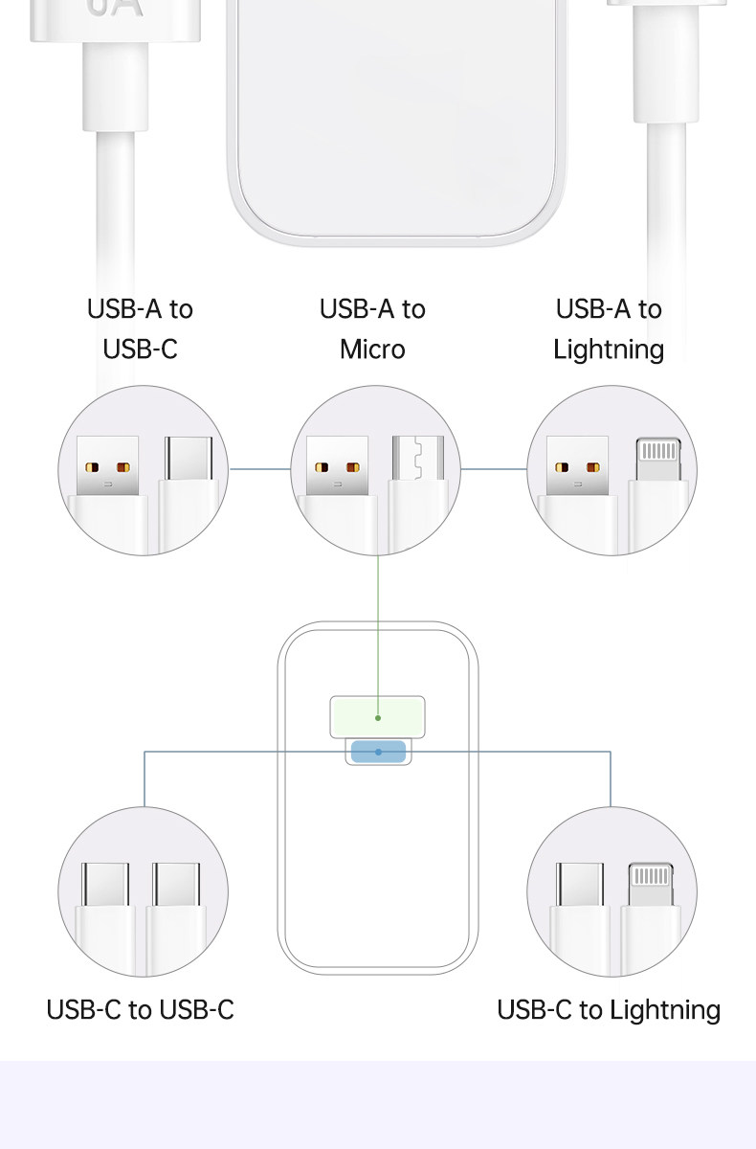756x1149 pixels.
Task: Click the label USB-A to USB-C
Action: (140, 328)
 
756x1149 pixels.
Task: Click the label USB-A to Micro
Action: (372, 328)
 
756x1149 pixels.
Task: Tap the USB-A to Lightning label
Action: (609, 328)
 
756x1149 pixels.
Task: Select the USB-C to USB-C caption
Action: (140, 1009)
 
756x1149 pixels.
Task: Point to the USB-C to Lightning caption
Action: (609, 1009)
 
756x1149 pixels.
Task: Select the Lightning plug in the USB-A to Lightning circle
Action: (659, 460)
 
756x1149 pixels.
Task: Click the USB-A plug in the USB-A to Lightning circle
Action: (577, 466)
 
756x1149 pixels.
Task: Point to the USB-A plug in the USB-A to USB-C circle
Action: (107, 466)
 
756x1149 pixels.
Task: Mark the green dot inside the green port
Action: (378, 717)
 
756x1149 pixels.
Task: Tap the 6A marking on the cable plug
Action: (115, 8)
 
